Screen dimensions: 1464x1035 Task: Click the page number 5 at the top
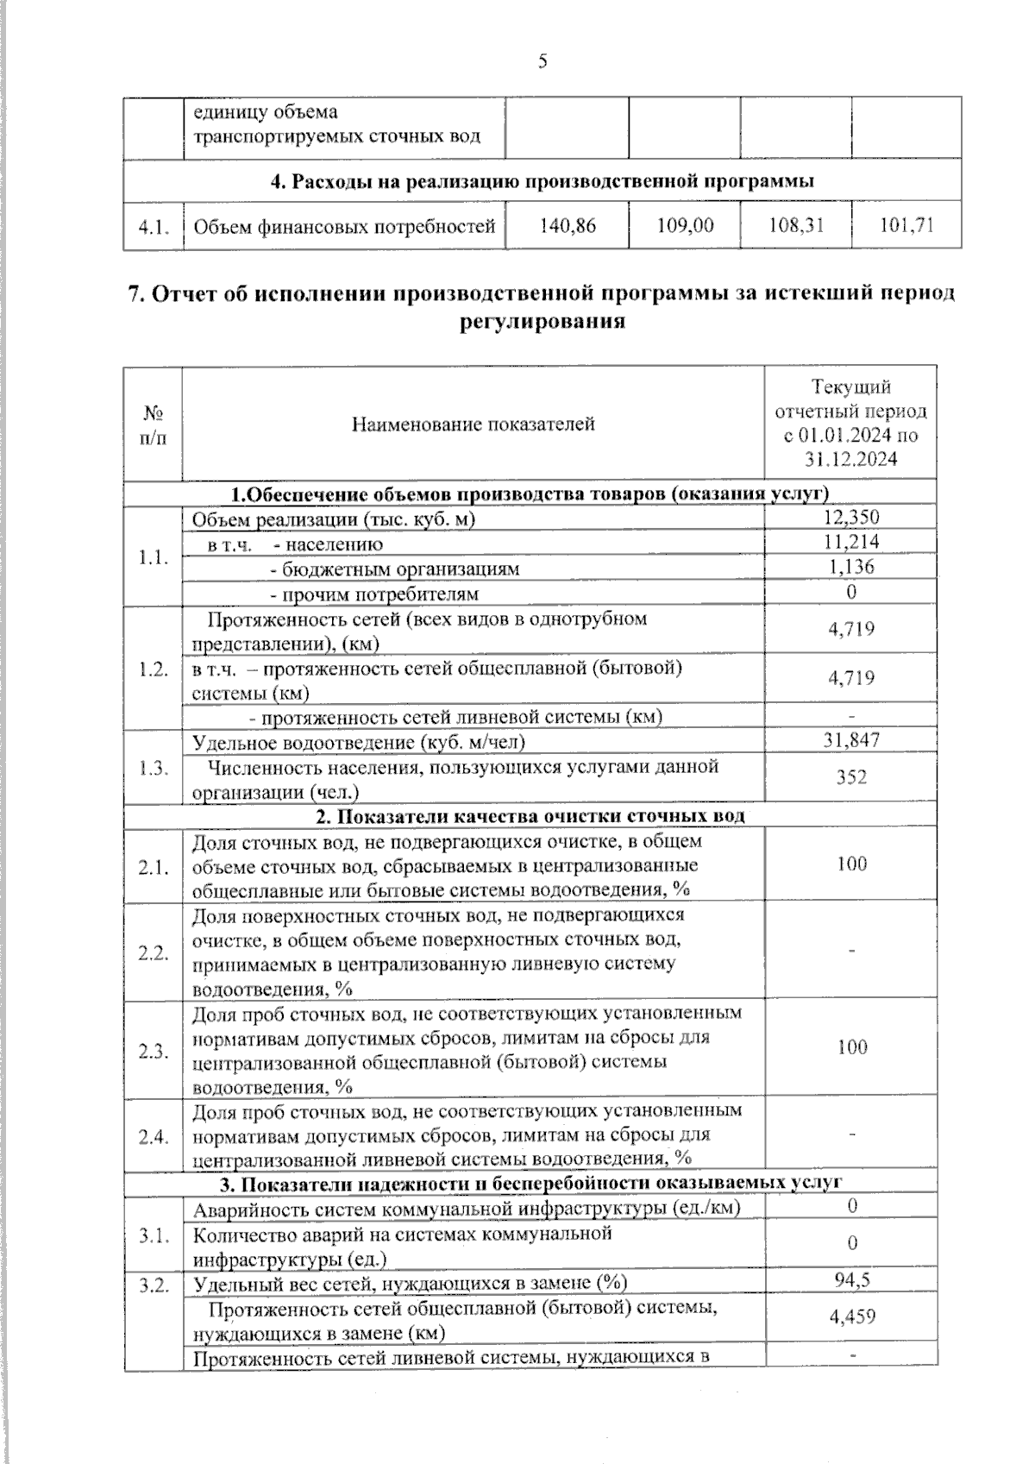543,61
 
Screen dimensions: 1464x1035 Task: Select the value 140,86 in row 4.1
568,226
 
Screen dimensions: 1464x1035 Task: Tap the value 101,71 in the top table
906,226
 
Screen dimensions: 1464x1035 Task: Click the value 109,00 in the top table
685,226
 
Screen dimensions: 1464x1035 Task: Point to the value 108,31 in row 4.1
795,226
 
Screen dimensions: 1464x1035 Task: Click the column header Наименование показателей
473,424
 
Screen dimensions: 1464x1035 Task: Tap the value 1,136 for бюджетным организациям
851,567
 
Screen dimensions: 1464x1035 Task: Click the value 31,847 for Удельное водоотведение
851,740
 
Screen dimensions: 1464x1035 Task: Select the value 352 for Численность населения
851,777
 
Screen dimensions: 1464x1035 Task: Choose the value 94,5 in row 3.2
851,1279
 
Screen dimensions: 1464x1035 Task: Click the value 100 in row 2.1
851,864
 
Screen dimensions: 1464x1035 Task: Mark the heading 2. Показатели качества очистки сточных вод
530,816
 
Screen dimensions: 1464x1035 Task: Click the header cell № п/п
153,424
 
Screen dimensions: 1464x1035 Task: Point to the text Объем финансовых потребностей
344,227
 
